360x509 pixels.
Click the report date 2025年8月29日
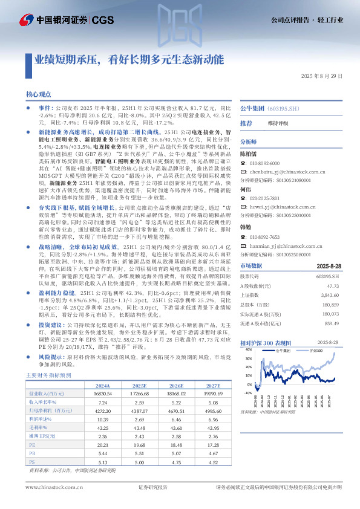click(x=321, y=76)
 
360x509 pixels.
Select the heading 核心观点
click(x=39, y=95)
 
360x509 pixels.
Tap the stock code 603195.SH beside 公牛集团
click(x=285, y=108)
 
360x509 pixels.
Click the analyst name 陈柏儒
click(x=250, y=154)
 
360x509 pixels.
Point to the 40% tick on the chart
click(x=249, y=358)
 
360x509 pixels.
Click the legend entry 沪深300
click(x=313, y=350)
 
